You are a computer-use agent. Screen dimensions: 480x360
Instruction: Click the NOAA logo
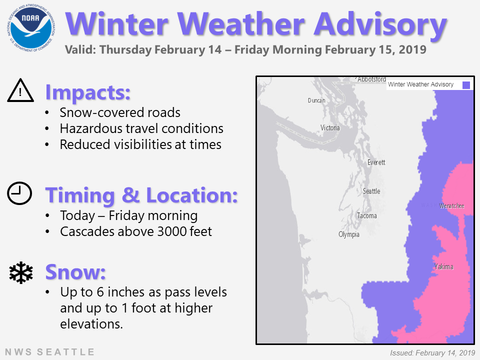tap(30, 28)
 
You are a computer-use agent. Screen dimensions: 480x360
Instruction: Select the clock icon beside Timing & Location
tap(19, 193)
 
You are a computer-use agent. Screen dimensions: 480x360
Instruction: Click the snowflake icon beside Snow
tap(21, 272)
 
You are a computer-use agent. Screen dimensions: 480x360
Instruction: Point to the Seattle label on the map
tap(371, 191)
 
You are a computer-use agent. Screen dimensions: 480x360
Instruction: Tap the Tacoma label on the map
tap(366, 216)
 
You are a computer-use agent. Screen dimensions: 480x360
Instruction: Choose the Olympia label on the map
tap(348, 234)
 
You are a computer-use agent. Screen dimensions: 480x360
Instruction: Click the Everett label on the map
tap(376, 162)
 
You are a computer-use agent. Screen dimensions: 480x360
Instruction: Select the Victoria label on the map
tap(330, 127)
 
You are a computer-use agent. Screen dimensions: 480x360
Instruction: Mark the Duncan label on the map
tap(316, 100)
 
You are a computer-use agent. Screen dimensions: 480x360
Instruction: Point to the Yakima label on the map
tap(443, 266)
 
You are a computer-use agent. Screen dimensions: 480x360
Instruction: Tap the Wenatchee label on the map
tap(452, 205)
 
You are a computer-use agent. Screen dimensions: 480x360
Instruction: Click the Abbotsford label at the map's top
tap(371, 79)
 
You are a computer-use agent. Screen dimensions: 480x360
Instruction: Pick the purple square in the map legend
tap(466, 85)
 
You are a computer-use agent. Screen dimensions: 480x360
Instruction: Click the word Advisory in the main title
tap(380, 24)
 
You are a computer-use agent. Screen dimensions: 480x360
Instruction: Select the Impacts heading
tap(88, 92)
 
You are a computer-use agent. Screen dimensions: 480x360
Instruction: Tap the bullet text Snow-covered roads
tap(120, 112)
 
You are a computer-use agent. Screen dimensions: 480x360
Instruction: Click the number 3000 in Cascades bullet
tap(171, 231)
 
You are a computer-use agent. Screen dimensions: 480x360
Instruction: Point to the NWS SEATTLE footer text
tap(49, 352)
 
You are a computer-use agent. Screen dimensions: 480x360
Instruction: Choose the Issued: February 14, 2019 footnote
tap(432, 353)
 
